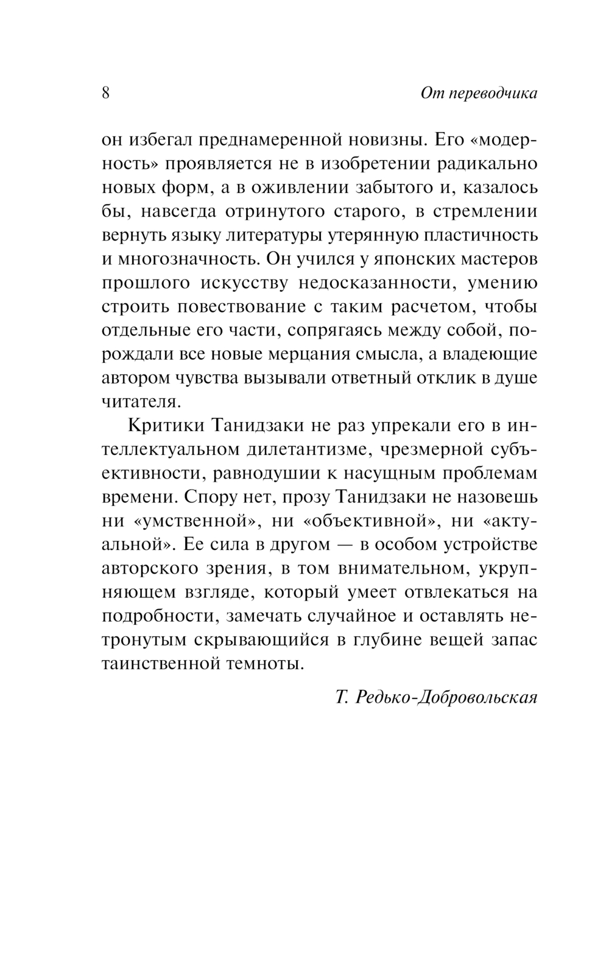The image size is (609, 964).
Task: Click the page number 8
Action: pos(105,93)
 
